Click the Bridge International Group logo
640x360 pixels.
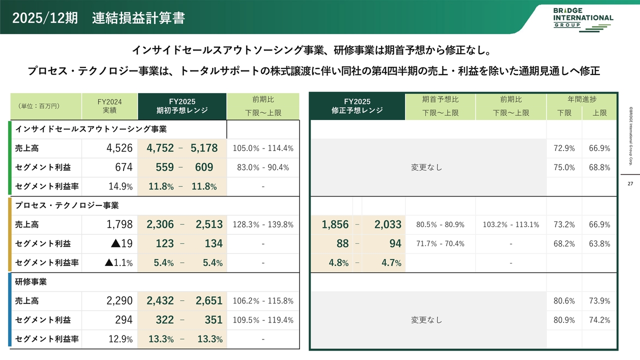583,19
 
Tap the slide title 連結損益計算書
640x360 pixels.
138,18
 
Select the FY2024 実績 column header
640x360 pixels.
109,106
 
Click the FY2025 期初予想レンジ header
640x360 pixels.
182,106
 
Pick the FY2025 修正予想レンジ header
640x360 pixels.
357,106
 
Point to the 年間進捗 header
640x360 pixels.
582,99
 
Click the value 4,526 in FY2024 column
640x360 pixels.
119,148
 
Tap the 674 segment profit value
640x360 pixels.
123,167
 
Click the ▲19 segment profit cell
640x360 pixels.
121,243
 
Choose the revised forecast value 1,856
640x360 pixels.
335,224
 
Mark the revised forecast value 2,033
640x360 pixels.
388,224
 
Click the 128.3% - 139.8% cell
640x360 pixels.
263,224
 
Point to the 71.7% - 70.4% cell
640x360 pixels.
440,243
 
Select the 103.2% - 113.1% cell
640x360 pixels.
510,224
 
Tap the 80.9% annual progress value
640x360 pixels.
564,320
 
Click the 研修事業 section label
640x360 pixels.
31,282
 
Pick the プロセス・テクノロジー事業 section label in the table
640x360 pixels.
67,205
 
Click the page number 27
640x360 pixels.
630,184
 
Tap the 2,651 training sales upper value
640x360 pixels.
209,301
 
